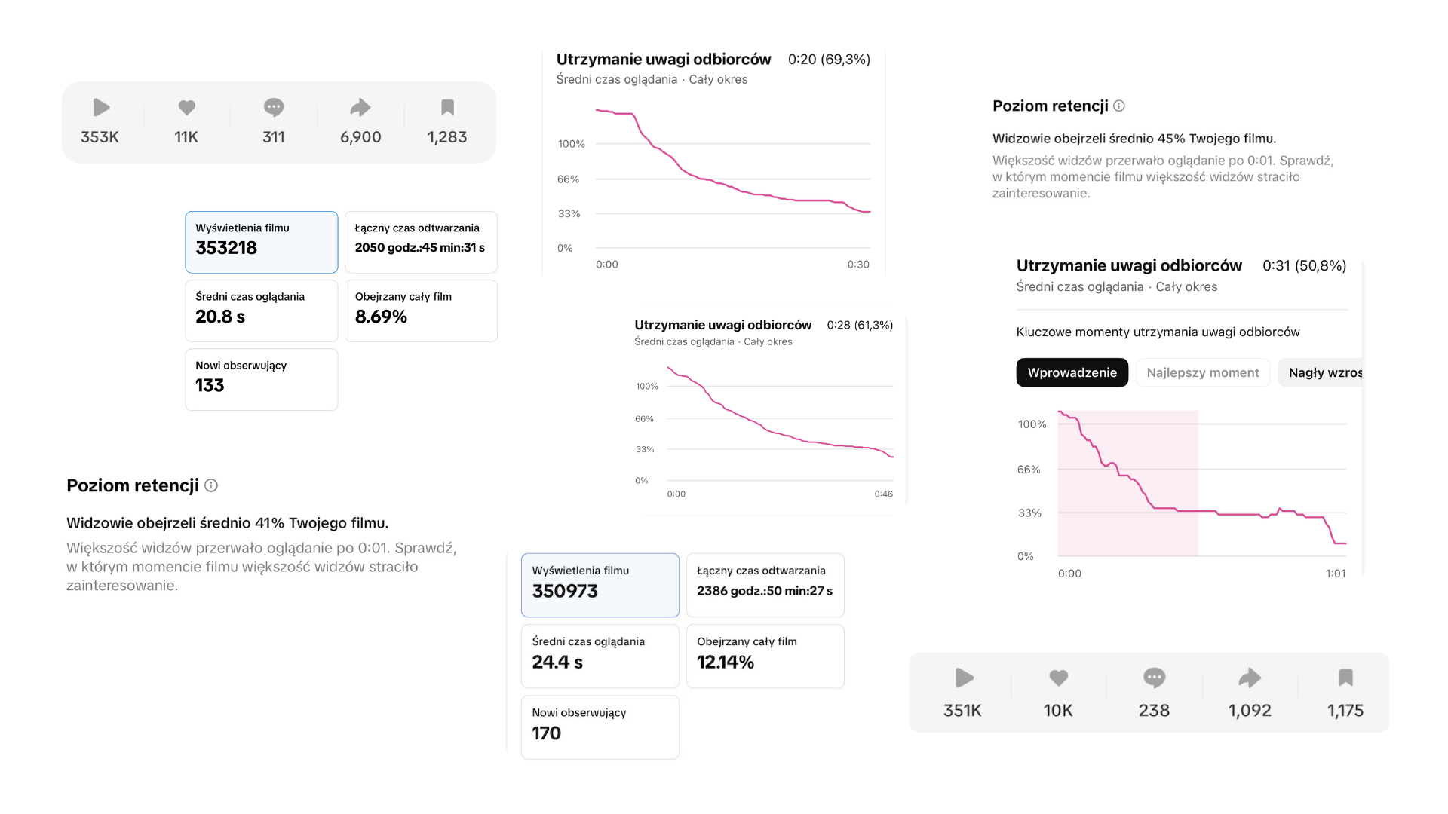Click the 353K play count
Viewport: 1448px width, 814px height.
point(100,137)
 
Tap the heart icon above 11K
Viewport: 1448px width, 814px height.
point(186,108)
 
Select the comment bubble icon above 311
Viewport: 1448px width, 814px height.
point(274,108)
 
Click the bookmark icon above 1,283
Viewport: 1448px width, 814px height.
point(447,108)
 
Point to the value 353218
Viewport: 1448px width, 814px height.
point(226,248)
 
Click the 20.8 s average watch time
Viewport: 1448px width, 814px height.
point(220,317)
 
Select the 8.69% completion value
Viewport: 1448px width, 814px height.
point(381,317)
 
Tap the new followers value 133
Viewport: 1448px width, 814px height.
point(210,385)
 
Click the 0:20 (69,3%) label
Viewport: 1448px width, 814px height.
point(829,60)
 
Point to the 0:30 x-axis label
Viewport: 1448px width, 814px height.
point(858,265)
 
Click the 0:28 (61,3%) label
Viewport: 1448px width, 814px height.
point(860,325)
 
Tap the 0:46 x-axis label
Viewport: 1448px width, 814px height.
point(884,494)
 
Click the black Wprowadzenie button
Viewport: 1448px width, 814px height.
point(1072,372)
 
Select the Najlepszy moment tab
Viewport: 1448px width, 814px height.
point(1203,372)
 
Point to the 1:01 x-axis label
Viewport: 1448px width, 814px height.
point(1336,574)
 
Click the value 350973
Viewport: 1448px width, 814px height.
point(565,592)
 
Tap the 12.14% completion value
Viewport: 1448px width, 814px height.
point(726,663)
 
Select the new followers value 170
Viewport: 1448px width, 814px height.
point(547,733)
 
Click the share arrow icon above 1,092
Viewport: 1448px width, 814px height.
point(1250,678)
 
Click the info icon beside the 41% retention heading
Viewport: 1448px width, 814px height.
point(211,485)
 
